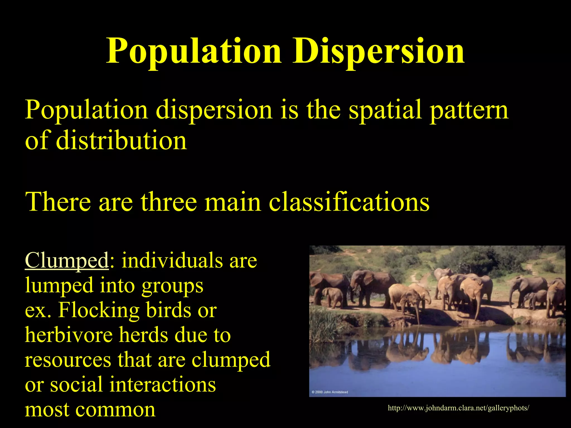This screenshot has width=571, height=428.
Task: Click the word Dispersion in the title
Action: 378,51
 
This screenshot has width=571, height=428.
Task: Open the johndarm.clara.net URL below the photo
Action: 458,408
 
